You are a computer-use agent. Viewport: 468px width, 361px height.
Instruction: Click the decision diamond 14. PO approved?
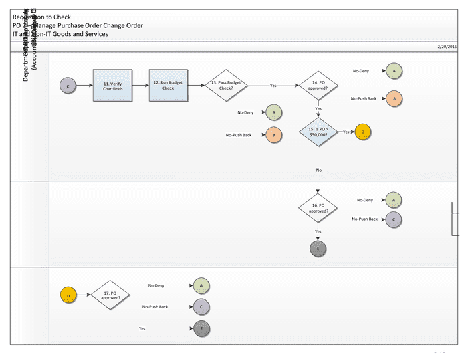click(318, 85)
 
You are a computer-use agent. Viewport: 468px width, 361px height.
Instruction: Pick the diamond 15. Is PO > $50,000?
click(318, 132)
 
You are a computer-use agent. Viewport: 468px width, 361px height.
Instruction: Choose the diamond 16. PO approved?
click(318, 208)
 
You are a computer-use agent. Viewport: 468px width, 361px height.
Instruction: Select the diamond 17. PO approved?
click(110, 294)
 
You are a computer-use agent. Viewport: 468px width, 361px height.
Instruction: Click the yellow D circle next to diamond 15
click(363, 132)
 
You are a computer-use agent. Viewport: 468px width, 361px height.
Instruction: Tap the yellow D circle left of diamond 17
click(68, 294)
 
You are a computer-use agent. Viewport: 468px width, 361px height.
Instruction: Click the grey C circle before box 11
click(68, 85)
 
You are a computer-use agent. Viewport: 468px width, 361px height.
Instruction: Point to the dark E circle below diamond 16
click(318, 249)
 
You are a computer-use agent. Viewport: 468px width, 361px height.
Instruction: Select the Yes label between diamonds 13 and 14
click(273, 86)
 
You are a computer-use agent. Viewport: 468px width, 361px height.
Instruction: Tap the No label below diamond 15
click(318, 170)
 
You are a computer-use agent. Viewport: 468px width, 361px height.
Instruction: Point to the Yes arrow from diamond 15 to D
click(347, 132)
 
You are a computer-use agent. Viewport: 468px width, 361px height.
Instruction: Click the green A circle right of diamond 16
click(394, 199)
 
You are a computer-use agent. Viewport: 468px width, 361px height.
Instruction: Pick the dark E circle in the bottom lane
click(201, 329)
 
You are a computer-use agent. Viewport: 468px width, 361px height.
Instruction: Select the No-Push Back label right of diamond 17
click(155, 307)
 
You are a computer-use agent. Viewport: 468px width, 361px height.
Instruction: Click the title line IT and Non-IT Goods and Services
click(60, 34)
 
